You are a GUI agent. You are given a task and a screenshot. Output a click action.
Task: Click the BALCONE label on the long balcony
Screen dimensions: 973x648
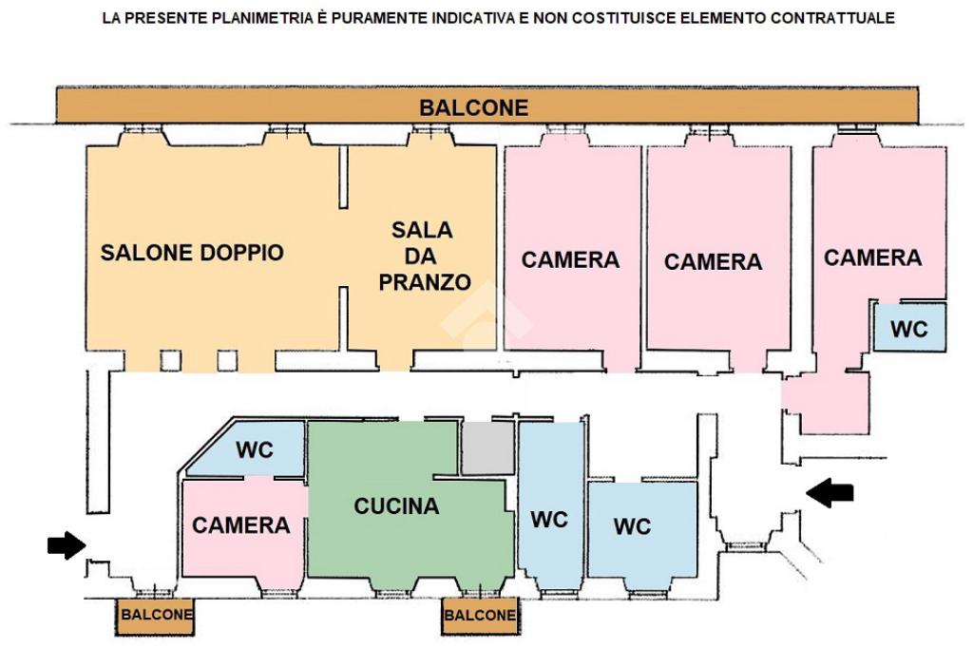pos(473,107)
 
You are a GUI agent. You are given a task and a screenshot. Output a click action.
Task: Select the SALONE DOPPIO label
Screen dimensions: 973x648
pos(192,253)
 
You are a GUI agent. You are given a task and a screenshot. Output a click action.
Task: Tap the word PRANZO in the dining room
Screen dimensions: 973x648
pos(425,282)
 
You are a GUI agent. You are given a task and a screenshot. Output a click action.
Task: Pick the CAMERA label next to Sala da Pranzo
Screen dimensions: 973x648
pos(570,259)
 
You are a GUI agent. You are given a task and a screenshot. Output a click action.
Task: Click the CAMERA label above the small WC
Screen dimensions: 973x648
pos(872,257)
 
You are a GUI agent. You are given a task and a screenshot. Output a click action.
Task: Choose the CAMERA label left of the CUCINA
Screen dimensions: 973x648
pos(240,525)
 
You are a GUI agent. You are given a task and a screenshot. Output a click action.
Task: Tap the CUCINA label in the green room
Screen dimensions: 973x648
pos(396,505)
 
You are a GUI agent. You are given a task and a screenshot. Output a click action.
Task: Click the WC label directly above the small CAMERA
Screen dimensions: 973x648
pos(255,449)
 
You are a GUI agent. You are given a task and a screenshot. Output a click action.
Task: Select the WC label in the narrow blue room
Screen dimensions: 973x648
pos(549,519)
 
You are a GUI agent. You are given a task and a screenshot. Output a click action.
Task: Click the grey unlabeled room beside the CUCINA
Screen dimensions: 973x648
pos(488,448)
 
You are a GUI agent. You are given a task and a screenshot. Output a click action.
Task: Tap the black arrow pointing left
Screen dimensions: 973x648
pos(830,493)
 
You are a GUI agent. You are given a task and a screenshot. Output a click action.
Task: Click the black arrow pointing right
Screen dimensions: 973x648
pos(67,545)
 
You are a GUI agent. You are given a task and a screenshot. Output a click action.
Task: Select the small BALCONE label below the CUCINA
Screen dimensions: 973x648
pos(480,615)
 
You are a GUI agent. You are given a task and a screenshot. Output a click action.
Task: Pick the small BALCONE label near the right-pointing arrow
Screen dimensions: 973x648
pos(157,615)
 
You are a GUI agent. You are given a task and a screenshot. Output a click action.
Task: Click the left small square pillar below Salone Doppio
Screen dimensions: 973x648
pos(171,361)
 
